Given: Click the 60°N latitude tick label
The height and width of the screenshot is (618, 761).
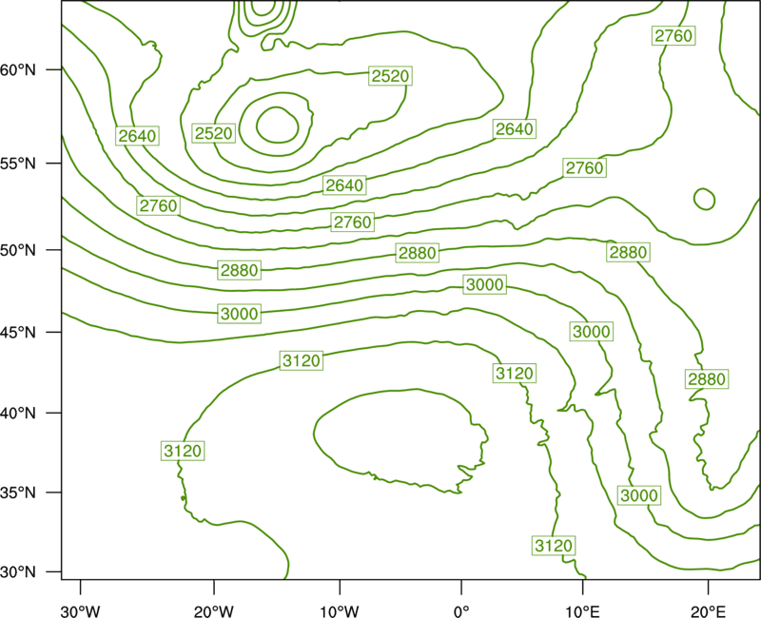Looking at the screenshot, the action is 18,69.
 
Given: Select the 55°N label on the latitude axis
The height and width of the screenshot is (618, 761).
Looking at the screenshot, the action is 18,164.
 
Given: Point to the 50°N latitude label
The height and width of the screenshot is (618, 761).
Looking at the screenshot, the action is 18,250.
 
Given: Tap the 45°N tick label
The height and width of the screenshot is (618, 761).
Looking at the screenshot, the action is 18,332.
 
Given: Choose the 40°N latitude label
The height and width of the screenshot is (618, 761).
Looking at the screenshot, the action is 18,414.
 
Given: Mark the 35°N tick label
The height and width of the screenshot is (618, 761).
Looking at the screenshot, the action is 18,492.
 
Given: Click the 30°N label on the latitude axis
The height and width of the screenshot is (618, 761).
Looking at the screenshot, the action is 18,572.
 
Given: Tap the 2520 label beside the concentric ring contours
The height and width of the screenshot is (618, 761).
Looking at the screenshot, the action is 213,133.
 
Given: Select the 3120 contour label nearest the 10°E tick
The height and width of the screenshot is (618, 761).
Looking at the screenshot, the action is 554,546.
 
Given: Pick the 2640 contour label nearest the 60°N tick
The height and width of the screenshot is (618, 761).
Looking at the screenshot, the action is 137,136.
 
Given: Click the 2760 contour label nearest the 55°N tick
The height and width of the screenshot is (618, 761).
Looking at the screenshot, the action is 158,205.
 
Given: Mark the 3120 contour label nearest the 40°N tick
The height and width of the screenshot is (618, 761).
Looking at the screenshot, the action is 183,451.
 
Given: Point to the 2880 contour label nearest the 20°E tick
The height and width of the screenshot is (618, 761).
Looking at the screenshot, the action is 707,378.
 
